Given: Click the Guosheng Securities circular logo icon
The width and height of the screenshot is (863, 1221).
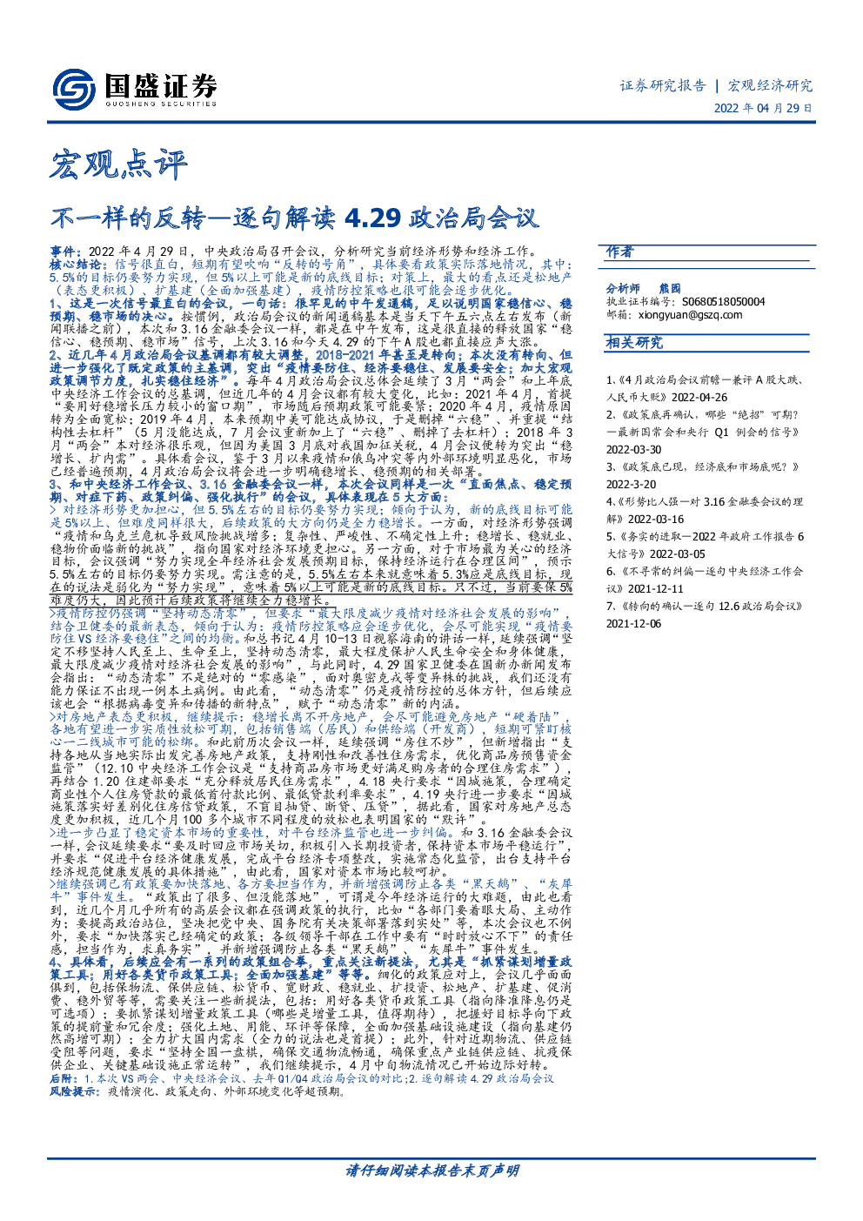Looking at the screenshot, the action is pos(75,90).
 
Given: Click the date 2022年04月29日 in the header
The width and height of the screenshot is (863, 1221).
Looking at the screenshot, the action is pos(763,108).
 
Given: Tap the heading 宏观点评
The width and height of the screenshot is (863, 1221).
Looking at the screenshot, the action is pos(118,164).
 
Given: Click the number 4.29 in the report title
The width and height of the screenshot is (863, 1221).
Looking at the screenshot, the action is pos(372,218).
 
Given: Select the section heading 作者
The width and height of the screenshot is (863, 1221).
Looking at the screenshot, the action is pos(620,252).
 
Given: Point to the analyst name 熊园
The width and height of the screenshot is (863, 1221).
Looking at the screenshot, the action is pos(670,288).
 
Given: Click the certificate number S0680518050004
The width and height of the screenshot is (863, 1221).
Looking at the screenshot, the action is pos(723,301).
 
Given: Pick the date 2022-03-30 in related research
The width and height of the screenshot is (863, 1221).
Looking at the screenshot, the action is pos(633,450).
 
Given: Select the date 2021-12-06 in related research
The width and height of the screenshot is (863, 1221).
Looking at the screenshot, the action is pos(633,624).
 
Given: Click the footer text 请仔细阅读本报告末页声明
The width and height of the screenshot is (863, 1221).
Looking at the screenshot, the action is pos(432,1171).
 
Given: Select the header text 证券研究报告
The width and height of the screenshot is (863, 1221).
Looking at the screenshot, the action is pos(663,85).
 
